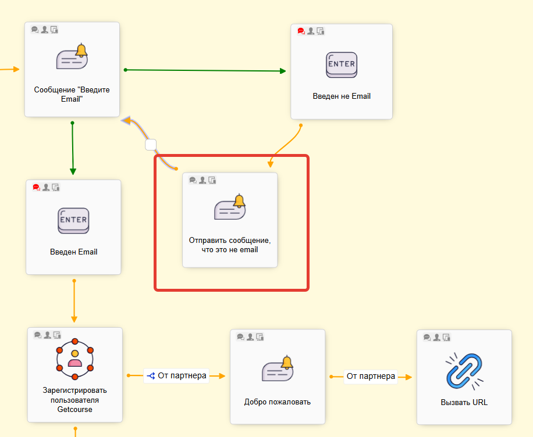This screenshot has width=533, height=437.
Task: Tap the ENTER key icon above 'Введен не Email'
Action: point(342,65)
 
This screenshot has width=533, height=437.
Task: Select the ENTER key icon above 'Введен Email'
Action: point(73,221)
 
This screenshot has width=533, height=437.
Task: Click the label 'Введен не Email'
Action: point(342,96)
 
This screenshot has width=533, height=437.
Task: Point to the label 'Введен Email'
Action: point(73,252)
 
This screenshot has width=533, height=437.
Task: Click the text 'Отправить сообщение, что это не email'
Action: point(230,245)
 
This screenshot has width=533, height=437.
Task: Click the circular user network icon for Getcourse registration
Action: point(75,356)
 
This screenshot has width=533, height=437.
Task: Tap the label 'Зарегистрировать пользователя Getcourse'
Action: point(75,400)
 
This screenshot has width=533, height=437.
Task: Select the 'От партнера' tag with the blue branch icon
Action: point(176,376)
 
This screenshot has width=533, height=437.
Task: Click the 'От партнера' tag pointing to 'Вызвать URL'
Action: point(371,377)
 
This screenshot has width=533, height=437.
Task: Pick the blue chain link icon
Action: point(464,370)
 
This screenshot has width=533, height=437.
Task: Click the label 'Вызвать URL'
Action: point(464,402)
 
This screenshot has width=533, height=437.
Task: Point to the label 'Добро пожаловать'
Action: point(278,402)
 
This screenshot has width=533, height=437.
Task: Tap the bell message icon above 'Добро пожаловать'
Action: point(278,370)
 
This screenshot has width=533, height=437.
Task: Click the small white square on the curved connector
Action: point(151,144)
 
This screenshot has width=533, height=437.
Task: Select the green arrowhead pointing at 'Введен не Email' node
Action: point(283,71)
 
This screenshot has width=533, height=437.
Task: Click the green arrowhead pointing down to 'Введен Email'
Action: point(73,171)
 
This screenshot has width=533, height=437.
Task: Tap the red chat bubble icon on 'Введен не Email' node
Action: point(301,31)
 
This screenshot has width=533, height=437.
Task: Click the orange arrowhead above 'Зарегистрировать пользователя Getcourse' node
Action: point(74,319)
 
